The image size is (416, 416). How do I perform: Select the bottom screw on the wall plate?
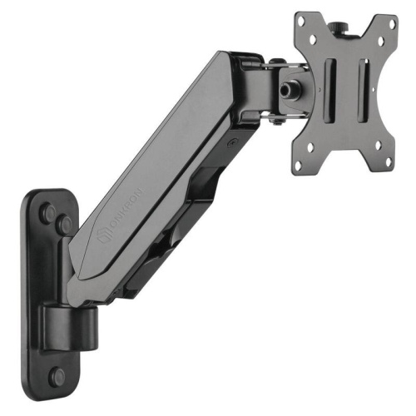[x=57, y=375]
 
